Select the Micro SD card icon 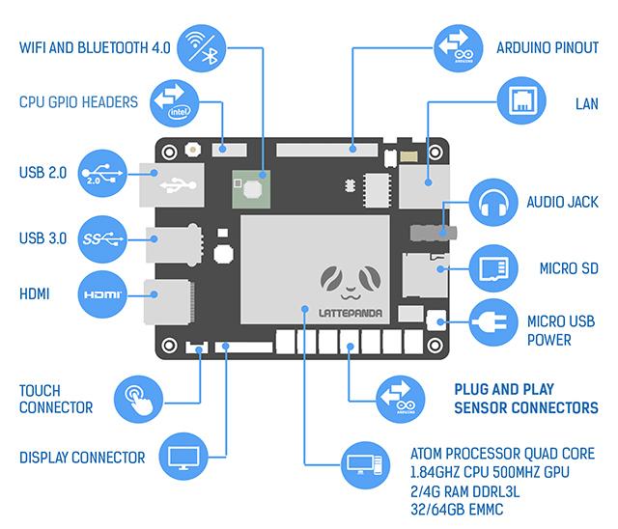[x=495, y=267]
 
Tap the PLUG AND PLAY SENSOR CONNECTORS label [x=525, y=399]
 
